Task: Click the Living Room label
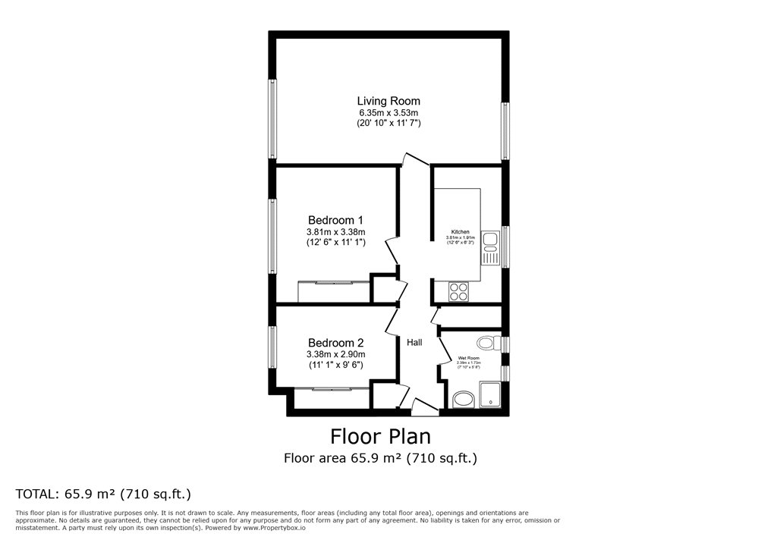tap(388, 101)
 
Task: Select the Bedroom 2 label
tap(335, 343)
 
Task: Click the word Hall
tap(414, 344)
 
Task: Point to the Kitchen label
tap(461, 232)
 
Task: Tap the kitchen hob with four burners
tap(459, 288)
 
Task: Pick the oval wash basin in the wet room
tap(462, 400)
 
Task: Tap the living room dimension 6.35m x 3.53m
tap(388, 112)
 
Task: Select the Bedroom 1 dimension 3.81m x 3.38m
tap(335, 232)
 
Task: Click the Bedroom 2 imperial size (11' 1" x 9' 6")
tap(335, 365)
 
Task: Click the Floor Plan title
tap(380, 437)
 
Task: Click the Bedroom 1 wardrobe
tap(334, 291)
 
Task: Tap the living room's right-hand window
tap(505, 131)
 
